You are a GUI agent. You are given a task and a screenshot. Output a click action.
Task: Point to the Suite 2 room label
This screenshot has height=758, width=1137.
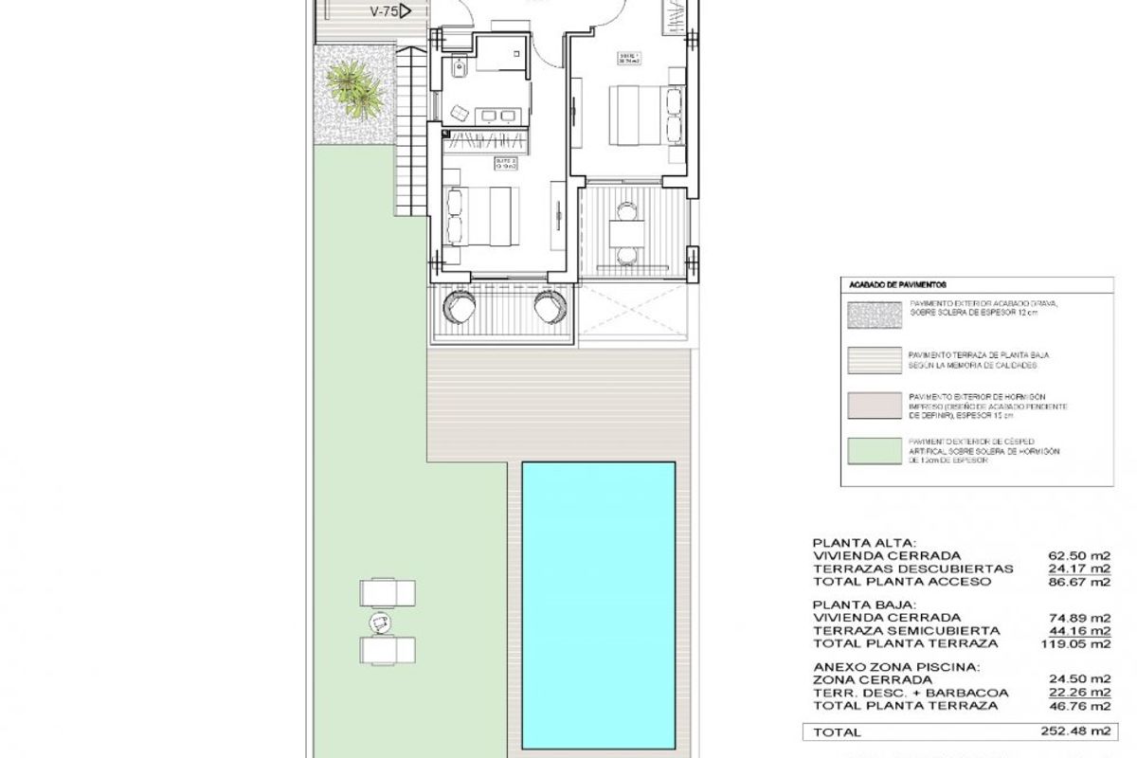point(504,165)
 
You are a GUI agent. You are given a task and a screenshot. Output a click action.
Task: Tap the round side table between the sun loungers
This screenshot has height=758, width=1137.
point(381,623)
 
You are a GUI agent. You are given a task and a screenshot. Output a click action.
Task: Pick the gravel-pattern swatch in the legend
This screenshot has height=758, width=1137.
point(873,310)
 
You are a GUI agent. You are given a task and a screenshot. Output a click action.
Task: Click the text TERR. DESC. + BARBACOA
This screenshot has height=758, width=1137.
point(895,693)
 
